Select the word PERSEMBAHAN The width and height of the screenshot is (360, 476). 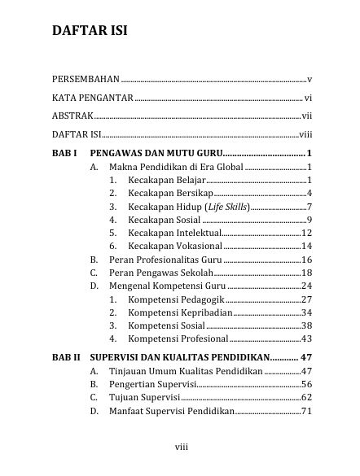coord(85,80)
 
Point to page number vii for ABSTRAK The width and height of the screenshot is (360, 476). coord(307,116)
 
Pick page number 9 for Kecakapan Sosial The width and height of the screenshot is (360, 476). coord(310,220)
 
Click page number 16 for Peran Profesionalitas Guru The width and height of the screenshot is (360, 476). coord(307,260)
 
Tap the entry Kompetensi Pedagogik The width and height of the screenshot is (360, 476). coord(175,299)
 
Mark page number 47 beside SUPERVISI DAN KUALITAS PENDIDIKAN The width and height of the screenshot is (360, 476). coord(305,357)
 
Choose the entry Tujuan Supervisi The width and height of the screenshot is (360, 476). coord(144,398)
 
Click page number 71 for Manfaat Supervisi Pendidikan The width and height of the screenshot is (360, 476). coord(307,412)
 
